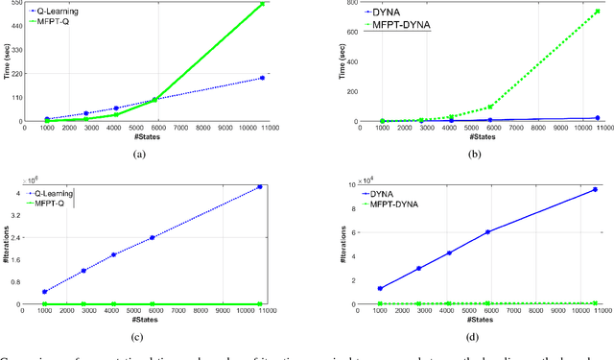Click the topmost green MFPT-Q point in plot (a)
(x=262, y=5)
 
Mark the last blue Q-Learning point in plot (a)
(x=262, y=78)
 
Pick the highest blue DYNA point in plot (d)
(x=595, y=189)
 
